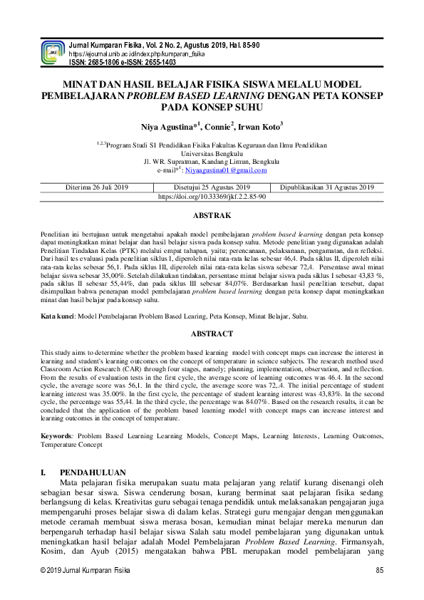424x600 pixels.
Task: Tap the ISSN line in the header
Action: pyautogui.click(x=122, y=62)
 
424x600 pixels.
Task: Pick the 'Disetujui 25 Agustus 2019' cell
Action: pyautogui.click(x=212, y=187)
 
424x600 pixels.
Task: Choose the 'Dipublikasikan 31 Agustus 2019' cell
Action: pyautogui.click(x=327, y=187)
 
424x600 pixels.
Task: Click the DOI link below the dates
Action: pyautogui.click(x=212, y=196)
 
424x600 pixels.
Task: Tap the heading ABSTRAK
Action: pyautogui.click(x=212, y=214)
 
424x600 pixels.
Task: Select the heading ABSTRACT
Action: pyautogui.click(x=212, y=333)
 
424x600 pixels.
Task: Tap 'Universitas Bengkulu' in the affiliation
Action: pyautogui.click(x=212, y=152)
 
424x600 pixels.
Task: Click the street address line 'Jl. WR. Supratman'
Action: pyautogui.click(x=212, y=161)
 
